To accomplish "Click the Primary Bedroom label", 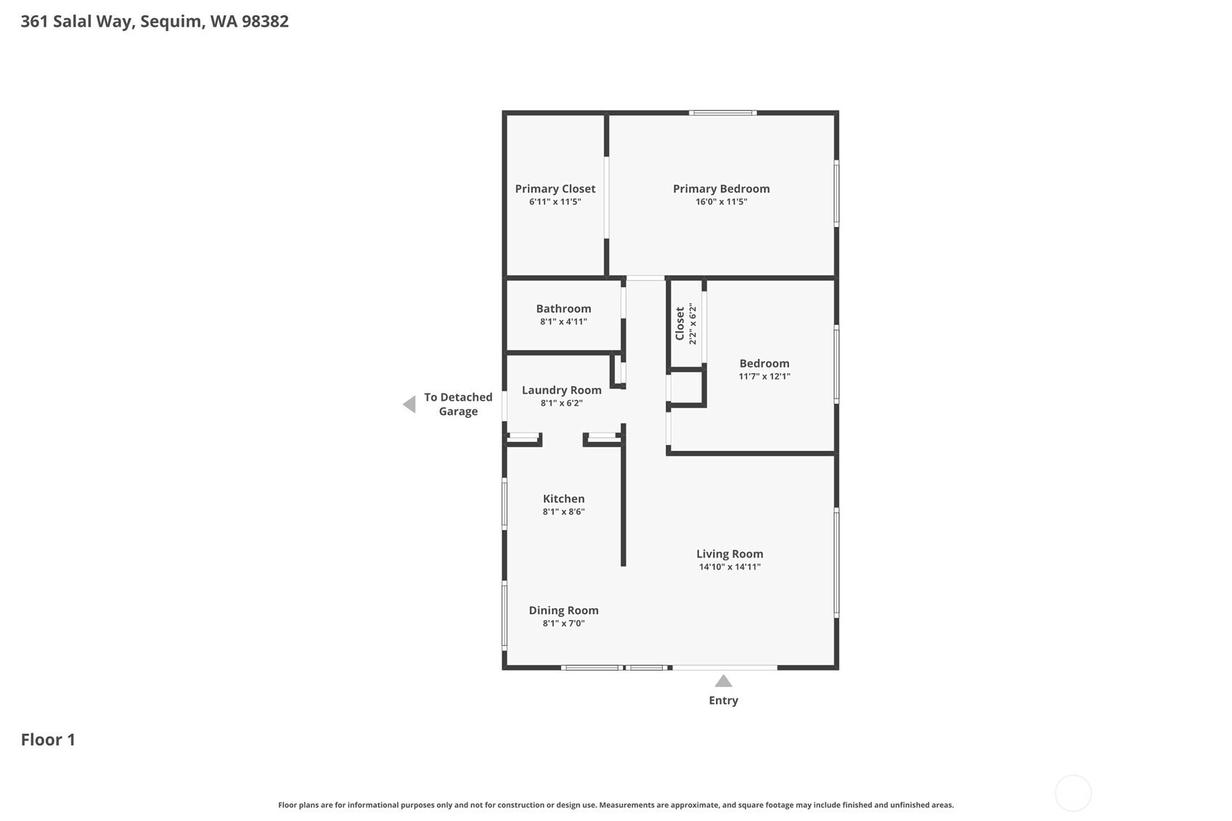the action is [x=721, y=189].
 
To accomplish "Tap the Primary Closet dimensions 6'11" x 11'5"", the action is [x=555, y=202].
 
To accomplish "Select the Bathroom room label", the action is [x=564, y=309].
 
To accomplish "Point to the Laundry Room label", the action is [x=561, y=390].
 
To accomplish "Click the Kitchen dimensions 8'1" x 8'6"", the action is [x=564, y=512].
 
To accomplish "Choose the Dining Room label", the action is [x=564, y=610].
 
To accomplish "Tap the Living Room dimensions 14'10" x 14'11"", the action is [x=730, y=567].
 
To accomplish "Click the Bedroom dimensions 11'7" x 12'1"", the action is [x=764, y=377].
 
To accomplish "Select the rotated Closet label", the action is [x=680, y=324].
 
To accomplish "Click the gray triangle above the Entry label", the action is [x=723, y=682].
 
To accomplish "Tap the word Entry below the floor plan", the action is [x=723, y=700].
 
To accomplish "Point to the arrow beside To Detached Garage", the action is [x=409, y=404].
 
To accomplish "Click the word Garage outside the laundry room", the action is [x=458, y=412].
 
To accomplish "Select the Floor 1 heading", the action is [x=48, y=740].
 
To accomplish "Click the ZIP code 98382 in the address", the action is [x=265, y=21].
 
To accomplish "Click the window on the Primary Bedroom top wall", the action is [x=722, y=113].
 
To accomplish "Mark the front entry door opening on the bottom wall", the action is [x=725, y=668].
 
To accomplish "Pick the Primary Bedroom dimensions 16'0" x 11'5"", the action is [x=721, y=202].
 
